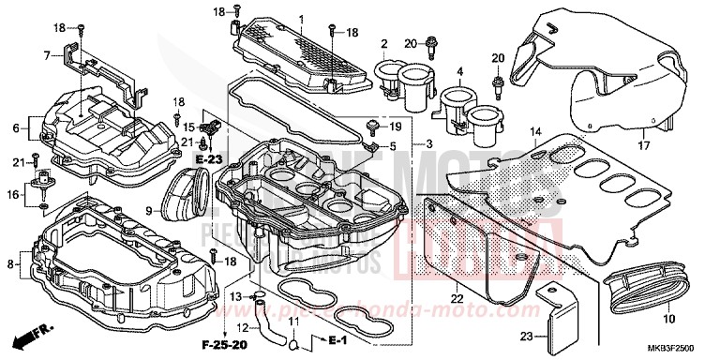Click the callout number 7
tap(46, 56)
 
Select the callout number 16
tap(12, 195)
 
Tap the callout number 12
tap(242, 327)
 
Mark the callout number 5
tap(393, 146)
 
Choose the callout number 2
tap(383, 45)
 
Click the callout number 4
tap(460, 71)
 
